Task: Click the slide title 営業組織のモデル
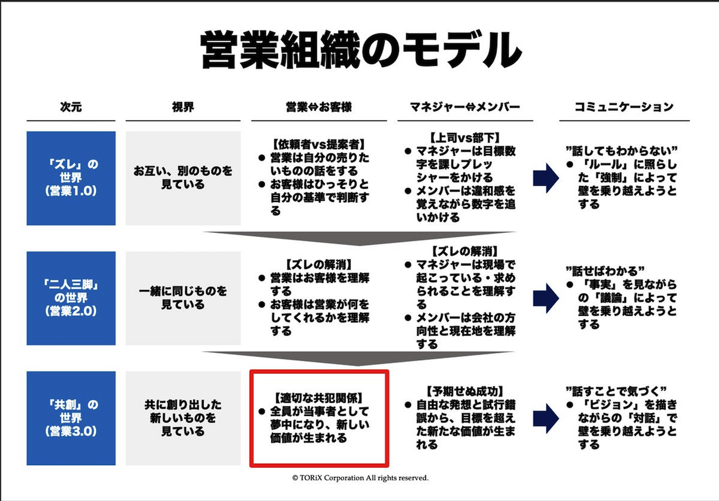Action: pos(361,50)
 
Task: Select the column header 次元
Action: pos(71,107)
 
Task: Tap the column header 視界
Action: pos(183,107)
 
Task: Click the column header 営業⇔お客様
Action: pos(319,107)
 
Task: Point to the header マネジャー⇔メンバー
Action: pos(465,107)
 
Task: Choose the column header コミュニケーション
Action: pos(624,107)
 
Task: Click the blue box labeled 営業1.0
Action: pos(71,178)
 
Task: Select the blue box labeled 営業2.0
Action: pos(71,298)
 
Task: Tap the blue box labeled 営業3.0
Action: pos(71,418)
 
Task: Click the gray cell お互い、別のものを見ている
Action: pos(183,178)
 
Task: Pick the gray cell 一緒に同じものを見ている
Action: pos(183,298)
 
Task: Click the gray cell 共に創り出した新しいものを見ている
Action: pos(183,418)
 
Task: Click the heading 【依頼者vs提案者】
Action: pos(319,145)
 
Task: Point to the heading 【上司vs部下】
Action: pos(465,138)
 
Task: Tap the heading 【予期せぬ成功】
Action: pos(465,391)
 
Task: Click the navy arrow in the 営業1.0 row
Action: pos(546,178)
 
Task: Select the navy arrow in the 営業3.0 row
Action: pos(546,418)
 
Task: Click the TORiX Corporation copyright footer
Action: pos(360,478)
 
